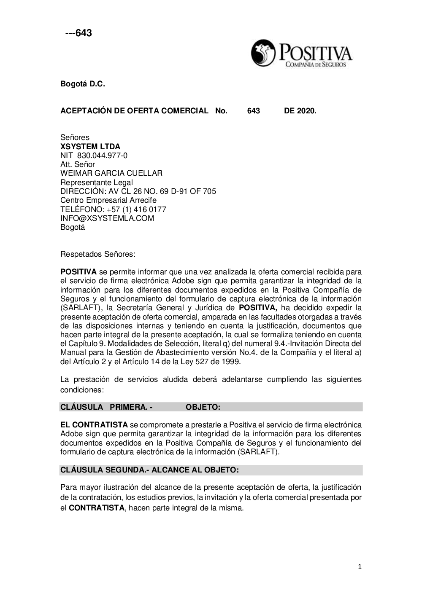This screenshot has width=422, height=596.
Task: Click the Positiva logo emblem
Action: click(262, 54)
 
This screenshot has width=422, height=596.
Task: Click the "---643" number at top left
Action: click(78, 33)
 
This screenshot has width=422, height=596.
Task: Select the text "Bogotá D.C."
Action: click(82, 84)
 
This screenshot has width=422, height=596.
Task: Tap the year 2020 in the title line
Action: click(306, 111)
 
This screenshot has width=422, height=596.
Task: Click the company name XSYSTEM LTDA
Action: click(90, 147)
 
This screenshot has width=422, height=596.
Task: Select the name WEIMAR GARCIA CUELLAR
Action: click(111, 173)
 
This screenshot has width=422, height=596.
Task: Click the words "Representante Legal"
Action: click(97, 183)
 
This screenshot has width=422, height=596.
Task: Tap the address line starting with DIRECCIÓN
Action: click(138, 191)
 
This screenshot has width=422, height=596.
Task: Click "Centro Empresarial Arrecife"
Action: click(108, 200)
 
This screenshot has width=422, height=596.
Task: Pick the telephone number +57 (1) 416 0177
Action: click(138, 209)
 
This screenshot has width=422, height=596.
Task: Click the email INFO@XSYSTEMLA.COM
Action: click(107, 218)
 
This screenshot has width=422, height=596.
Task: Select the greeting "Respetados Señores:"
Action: click(98, 254)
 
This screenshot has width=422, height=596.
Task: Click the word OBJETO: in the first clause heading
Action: click(203, 407)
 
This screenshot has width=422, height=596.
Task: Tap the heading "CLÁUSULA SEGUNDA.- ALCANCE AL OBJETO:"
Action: click(150, 470)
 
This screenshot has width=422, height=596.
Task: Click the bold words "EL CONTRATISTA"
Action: click(94, 424)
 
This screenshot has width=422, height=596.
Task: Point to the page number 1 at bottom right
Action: click(360, 567)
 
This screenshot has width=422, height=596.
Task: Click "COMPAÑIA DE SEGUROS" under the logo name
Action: click(316, 64)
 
